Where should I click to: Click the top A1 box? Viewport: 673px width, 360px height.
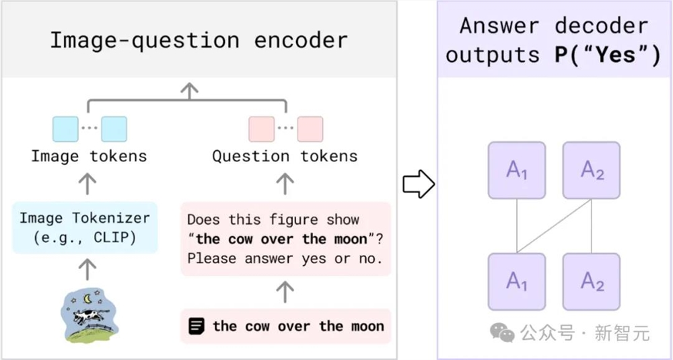click(517, 170)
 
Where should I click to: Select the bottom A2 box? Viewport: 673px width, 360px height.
click(592, 281)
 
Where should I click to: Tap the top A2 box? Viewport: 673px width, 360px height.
click(592, 170)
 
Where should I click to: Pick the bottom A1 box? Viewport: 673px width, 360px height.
click(517, 281)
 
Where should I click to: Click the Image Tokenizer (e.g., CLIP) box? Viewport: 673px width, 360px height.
click(85, 227)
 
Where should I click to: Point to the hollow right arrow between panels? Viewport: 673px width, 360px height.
click(419, 184)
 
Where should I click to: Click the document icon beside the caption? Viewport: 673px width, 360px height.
click(197, 326)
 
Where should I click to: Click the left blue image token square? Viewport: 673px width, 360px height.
click(65, 129)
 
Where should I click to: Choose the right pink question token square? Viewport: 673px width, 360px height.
click(310, 129)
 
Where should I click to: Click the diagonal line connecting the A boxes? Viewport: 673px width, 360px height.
click(554, 226)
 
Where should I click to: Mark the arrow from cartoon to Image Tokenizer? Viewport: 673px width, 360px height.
click(87, 270)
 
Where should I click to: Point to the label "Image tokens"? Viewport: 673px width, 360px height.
click(89, 156)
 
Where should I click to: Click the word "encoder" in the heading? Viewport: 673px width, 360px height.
click(301, 41)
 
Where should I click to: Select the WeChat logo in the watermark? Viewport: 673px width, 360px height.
click(502, 333)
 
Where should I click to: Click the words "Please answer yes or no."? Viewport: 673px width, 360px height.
click(285, 259)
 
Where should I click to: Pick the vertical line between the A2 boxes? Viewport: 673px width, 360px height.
click(592, 226)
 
